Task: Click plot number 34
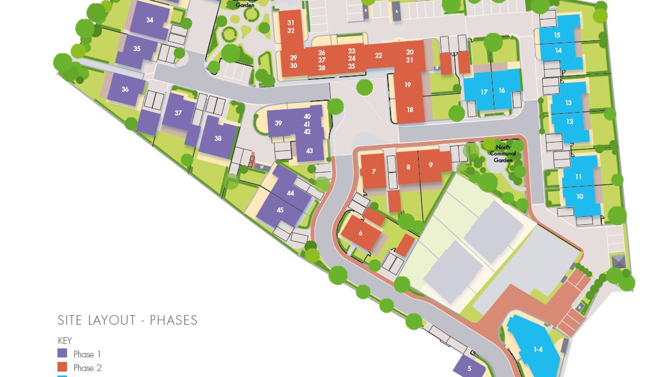pos(149,20)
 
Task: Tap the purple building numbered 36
pos(125,89)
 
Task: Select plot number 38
pos(218,138)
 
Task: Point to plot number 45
pos(280,210)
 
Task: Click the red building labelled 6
pos(361,233)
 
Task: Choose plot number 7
pos(374,172)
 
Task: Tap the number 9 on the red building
pos(431,165)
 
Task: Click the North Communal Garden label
pos(503,154)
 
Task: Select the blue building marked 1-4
pos(538,349)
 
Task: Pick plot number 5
pos(469,369)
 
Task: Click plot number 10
pos(580,196)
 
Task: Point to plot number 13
pos(568,103)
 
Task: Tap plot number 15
pos(557,35)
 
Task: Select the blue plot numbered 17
pos(484,92)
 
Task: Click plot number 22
pos(378,55)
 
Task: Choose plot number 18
pos(410,110)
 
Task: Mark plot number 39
pos(278,123)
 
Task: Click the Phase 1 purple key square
pos(62,354)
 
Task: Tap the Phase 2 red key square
pos(62,367)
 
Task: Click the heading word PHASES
pos(174,320)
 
